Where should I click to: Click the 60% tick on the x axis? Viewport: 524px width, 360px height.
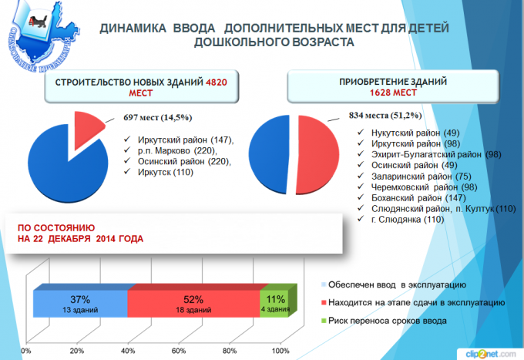tap(179, 351)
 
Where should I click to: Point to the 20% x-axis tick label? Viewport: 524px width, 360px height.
tap(76, 351)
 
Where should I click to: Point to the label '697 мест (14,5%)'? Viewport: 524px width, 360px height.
tap(157, 117)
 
